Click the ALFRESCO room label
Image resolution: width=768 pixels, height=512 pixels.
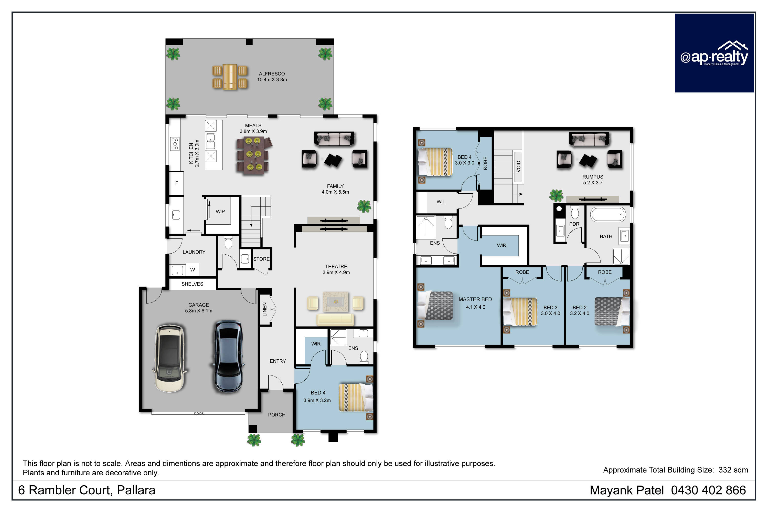tap(272, 74)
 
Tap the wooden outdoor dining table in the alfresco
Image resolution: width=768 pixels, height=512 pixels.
tap(230, 77)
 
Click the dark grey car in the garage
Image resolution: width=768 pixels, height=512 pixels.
tap(228, 356)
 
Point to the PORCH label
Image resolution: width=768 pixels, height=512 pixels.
tap(276, 415)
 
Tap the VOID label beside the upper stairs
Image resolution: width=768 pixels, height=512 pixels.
tap(518, 166)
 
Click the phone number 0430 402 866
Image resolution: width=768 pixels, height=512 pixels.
tap(708, 490)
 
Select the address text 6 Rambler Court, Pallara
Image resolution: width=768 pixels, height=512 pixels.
tap(87, 490)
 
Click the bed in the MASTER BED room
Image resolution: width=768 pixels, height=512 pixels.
tap(435, 306)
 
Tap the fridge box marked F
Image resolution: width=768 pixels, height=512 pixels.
tap(176, 183)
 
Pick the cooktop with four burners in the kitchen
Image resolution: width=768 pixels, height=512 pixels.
tap(175, 144)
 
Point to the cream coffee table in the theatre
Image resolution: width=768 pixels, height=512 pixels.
tap(335, 302)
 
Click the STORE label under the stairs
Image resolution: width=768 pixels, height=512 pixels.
tap(261, 259)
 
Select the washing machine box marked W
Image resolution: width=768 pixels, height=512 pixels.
tap(192, 270)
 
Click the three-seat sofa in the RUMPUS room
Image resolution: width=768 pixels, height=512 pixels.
tap(589, 139)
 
